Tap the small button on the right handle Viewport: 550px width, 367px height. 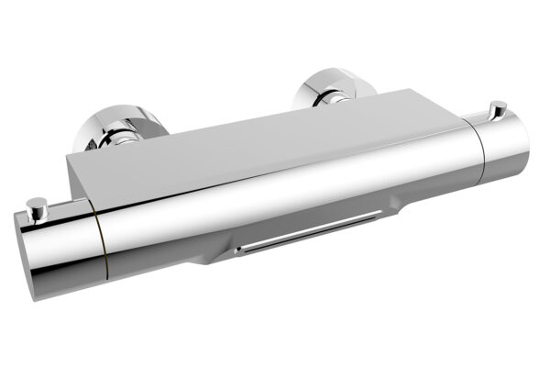point(498,107)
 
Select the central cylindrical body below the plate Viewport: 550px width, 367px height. point(275,202)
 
